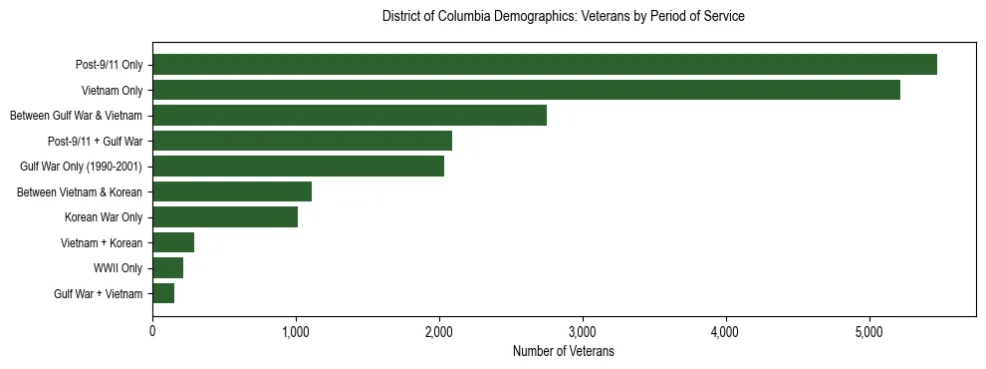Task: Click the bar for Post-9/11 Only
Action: coord(544,65)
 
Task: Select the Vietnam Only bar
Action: coord(526,90)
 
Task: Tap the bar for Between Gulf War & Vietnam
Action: coord(350,116)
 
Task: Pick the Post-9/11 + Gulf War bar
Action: coord(302,141)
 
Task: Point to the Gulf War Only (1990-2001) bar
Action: coord(298,167)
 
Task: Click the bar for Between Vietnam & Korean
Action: coord(232,191)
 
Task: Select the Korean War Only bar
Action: coord(225,217)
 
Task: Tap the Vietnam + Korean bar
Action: coord(173,242)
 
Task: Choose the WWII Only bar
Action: coord(167,268)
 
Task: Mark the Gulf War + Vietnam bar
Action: coord(163,293)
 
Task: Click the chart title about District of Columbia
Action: coord(564,17)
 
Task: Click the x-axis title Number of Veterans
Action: coord(564,352)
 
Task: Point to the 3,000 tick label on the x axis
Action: coord(582,331)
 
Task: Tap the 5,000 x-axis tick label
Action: coord(868,331)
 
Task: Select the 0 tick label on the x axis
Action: coord(152,331)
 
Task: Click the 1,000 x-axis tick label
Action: coord(296,331)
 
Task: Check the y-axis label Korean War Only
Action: coord(104,217)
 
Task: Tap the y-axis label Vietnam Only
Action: coord(112,91)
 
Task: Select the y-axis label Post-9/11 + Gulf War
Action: coord(96,142)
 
